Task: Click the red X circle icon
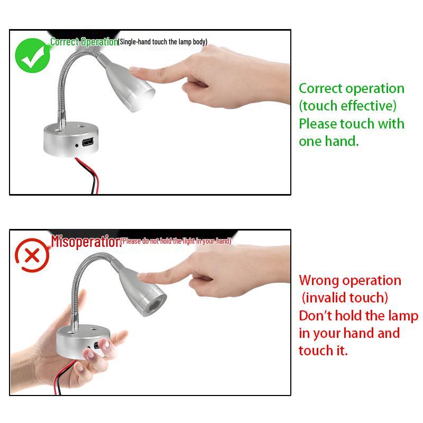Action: click(32, 256)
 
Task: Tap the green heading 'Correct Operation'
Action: click(84, 42)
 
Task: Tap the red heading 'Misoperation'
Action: click(86, 241)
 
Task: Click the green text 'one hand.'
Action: click(328, 142)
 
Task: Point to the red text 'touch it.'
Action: click(323, 351)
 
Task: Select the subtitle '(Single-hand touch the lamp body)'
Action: click(163, 42)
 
